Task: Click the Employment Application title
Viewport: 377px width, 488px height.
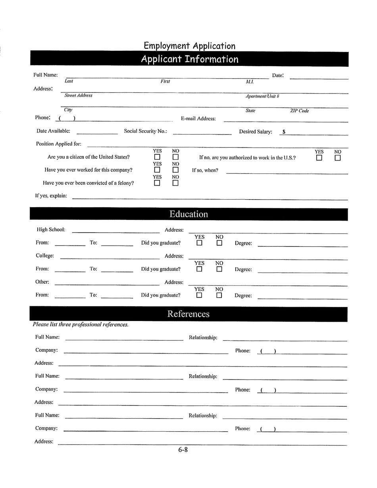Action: tap(189, 46)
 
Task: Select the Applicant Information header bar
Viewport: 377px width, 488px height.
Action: tap(189, 59)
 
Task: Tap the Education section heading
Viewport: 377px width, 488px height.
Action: tap(188, 214)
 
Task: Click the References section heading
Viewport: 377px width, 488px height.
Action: tap(188, 314)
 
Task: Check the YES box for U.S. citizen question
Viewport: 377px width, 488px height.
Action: tap(157, 158)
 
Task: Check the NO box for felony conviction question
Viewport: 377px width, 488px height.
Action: tap(175, 183)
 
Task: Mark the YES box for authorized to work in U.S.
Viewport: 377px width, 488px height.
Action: tap(319, 158)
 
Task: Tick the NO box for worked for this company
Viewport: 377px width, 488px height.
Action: tap(175, 170)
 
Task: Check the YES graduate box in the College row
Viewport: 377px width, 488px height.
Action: tap(199, 269)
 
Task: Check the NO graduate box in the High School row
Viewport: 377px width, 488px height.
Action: tap(219, 243)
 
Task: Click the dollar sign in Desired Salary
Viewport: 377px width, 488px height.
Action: tap(284, 132)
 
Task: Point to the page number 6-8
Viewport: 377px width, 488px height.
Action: tap(183, 450)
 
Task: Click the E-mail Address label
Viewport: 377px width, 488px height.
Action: tap(198, 119)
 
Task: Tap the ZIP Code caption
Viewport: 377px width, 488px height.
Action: tap(299, 111)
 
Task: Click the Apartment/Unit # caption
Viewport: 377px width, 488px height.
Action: tap(262, 96)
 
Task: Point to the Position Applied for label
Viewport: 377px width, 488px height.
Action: tap(59, 144)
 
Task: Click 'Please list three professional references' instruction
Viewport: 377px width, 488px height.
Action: tap(81, 325)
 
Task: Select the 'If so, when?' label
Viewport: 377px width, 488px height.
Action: tap(205, 171)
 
